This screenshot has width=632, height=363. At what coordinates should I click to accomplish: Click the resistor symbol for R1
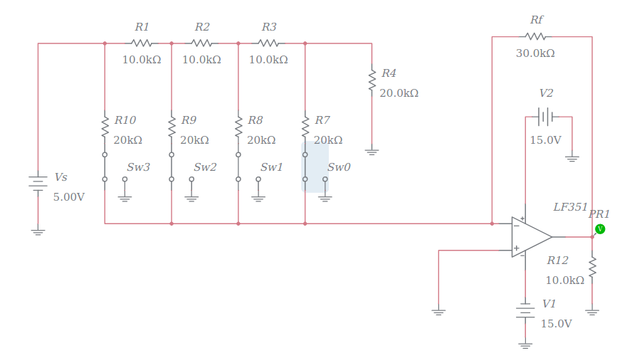point(142,43)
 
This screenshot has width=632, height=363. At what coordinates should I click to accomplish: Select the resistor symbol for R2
point(202,43)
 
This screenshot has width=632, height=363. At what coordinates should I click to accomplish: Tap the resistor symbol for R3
point(268,43)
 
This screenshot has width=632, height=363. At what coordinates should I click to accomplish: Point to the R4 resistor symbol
point(372,80)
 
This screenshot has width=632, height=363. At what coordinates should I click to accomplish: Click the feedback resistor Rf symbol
point(535,36)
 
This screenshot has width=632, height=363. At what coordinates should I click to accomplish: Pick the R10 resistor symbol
point(105,127)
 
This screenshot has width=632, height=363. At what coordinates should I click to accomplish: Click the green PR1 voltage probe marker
point(600,228)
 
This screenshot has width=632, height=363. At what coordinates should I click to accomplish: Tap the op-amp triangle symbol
point(530,237)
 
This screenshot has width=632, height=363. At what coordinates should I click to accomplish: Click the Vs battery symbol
point(38,183)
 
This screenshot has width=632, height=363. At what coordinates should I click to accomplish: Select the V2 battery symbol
point(546,116)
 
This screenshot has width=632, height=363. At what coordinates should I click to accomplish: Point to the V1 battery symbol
point(525,310)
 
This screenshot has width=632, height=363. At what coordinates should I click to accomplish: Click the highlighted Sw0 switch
point(315,167)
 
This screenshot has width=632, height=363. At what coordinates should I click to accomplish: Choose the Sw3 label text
point(138,167)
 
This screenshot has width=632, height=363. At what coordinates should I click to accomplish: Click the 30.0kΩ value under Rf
point(535,53)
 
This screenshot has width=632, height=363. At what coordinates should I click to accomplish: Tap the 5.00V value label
point(69,197)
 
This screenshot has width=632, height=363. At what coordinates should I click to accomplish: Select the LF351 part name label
point(571,207)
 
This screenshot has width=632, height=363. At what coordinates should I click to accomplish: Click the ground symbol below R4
point(372,151)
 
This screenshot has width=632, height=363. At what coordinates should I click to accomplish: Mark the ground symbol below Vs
point(38,231)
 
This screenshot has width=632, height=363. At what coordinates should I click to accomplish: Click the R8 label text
point(255,120)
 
